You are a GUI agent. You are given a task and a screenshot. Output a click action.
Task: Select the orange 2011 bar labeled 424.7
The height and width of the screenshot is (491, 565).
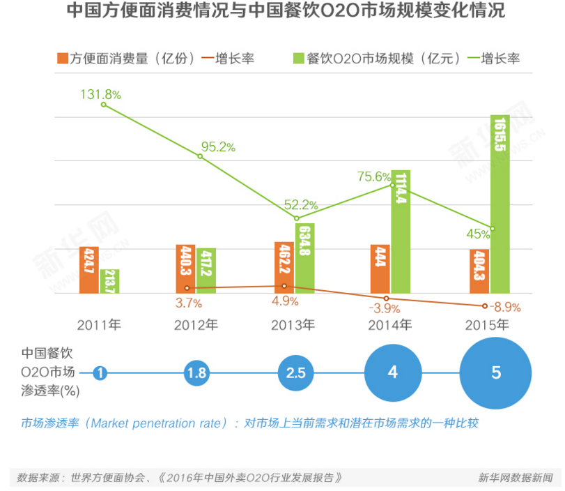point(88,270)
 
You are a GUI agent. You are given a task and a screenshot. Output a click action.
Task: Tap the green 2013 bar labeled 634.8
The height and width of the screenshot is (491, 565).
point(304,258)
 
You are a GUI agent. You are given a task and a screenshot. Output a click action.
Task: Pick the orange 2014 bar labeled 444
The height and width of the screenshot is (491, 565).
point(380,269)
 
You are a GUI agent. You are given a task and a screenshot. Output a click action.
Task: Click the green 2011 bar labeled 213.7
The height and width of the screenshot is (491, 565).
point(109,281)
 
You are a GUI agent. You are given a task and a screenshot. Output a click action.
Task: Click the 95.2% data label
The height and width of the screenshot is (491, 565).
point(218,147)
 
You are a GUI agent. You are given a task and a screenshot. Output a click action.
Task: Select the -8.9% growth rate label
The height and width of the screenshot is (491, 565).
point(505,306)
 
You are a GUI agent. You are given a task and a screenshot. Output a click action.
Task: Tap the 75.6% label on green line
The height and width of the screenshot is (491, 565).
point(373,176)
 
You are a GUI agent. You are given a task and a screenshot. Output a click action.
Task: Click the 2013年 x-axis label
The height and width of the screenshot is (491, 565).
point(293,325)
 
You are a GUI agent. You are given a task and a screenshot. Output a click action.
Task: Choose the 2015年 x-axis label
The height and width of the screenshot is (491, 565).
point(487,325)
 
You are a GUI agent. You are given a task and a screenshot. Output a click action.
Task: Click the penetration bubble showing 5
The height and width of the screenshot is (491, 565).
point(496,373)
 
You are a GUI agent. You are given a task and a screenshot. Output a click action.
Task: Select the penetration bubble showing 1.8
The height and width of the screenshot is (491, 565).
point(196,373)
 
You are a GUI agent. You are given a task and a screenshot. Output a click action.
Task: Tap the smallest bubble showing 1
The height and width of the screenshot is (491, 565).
point(101,373)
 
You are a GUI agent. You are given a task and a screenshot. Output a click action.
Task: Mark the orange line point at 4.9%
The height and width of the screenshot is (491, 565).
point(284,286)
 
